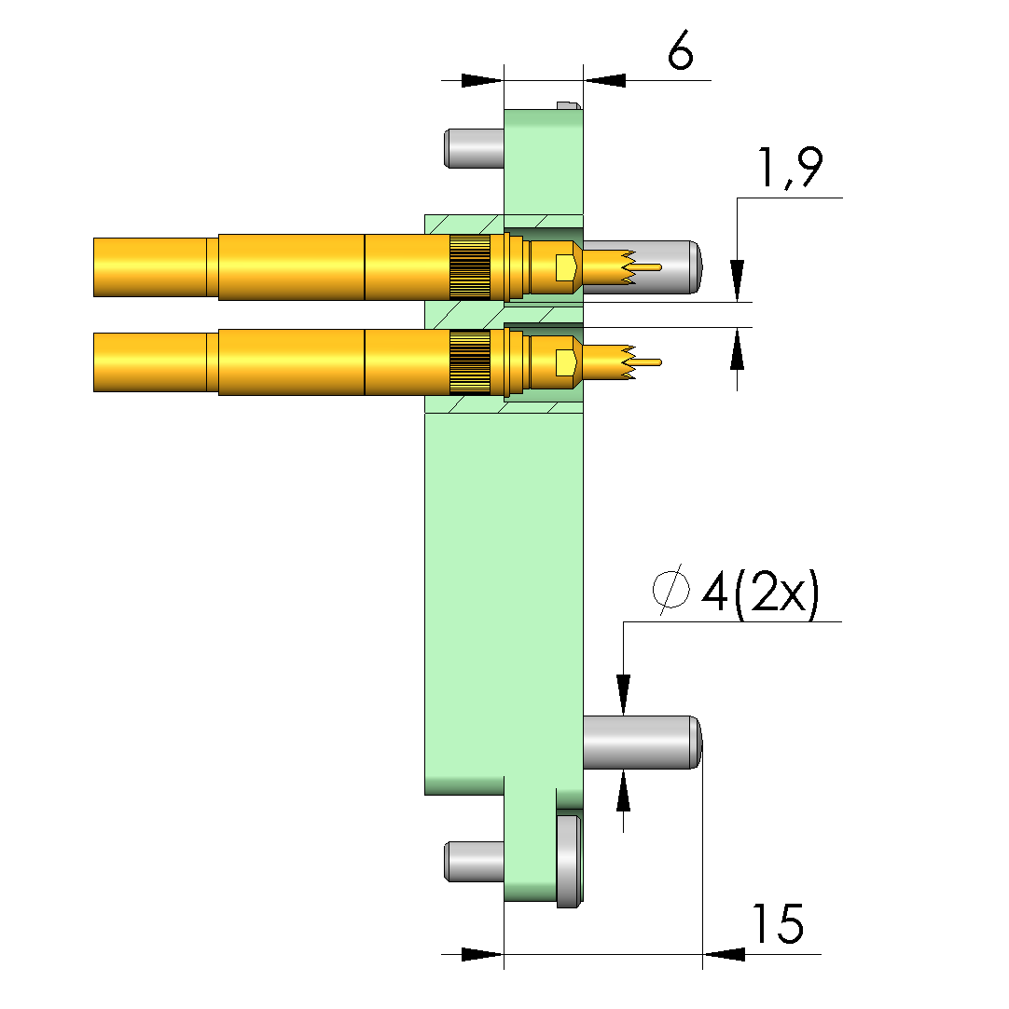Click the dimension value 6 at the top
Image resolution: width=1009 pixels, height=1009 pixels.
click(681, 49)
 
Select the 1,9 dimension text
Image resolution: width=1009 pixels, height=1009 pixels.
click(790, 169)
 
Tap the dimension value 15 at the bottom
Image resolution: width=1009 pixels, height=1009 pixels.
click(778, 923)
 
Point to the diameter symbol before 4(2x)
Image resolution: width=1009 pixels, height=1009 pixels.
click(670, 589)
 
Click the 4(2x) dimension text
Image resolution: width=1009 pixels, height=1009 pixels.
click(760, 593)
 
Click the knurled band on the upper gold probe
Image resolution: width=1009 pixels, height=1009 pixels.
click(470, 267)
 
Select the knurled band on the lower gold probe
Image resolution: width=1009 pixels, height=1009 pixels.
click(470, 362)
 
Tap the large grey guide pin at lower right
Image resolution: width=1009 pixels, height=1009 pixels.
click(642, 742)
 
